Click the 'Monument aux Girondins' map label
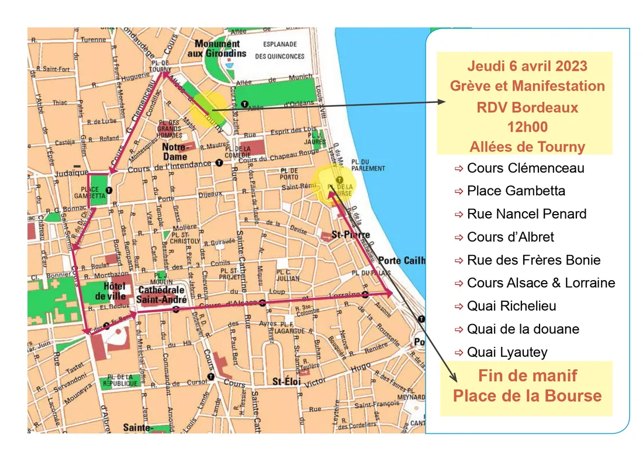coord(217,48)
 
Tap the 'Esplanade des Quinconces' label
coord(279,50)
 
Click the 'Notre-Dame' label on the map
coord(175,152)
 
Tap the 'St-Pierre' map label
coord(344,234)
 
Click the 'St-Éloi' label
coord(286,382)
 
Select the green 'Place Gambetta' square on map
coord(99,190)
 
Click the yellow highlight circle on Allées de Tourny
coord(208,110)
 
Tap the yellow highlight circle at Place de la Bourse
coord(334,183)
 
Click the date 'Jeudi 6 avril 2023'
coord(527,66)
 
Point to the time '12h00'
coord(527,127)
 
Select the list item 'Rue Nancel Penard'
coord(526,214)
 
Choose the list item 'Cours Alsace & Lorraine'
coord(541,283)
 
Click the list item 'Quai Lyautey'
coord(507,352)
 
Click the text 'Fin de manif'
coord(527,375)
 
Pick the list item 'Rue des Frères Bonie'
coord(533,260)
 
